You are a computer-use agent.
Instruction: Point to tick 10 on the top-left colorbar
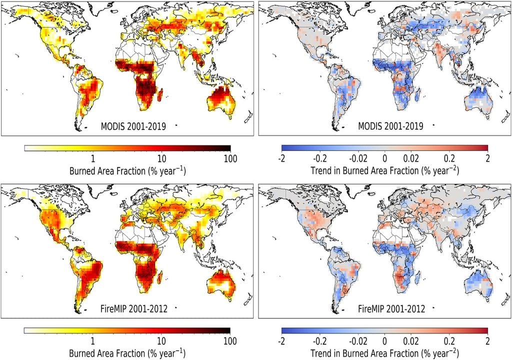161,158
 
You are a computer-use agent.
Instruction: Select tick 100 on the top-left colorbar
229,158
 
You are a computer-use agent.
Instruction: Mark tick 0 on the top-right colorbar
384,158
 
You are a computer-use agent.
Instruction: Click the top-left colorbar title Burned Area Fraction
127,170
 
